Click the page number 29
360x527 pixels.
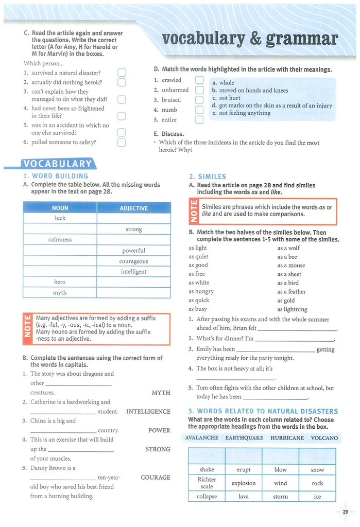345,511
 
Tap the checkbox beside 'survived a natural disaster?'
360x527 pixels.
122,73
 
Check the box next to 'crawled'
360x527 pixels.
199,80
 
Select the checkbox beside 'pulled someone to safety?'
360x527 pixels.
122,142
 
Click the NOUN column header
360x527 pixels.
60,208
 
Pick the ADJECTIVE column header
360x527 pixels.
133,208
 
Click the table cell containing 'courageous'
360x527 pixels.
133,261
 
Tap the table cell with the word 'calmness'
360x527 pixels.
60,240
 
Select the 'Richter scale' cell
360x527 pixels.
207,483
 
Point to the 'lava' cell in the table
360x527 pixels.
244,497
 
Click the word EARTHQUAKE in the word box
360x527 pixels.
244,438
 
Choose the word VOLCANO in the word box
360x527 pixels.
324,438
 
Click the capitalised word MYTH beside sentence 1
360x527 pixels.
161,393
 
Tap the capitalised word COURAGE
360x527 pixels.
156,477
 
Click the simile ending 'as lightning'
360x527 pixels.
292,309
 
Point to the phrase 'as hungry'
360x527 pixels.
201,291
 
